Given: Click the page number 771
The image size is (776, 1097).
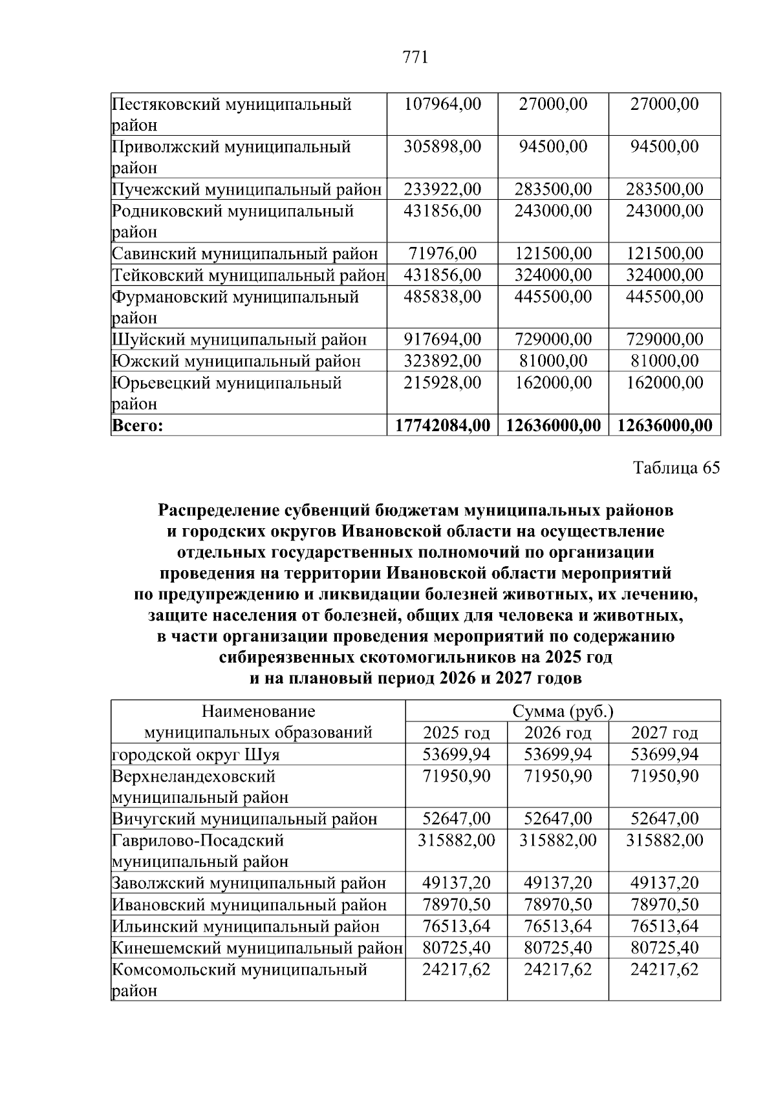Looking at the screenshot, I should pos(415,58).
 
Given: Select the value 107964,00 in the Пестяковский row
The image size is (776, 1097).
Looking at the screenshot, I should pos(442,104).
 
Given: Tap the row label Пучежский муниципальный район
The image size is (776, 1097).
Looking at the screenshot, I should pos(246,189).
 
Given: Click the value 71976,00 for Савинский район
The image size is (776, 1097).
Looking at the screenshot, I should pos(442,254).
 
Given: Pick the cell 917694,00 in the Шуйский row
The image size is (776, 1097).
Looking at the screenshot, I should pos(442,339).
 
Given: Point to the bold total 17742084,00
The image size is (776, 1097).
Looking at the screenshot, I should pos(442,425).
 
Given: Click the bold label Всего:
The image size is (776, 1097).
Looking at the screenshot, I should pos(138,425).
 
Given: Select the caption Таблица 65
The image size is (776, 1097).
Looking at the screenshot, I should pos(676,468).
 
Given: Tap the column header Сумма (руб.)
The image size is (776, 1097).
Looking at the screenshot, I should pos(563,712).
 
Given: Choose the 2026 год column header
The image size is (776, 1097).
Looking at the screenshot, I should pos(557,733).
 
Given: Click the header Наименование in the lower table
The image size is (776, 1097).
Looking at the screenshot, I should pos(258,712).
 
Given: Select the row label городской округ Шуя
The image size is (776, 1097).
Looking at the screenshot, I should pos(196,754).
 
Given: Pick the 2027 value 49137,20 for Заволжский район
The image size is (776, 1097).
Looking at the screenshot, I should pos(664,883).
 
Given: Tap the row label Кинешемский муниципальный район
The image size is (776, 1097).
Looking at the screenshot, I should pos(257,948).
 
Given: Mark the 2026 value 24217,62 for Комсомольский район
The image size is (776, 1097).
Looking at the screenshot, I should pos(557,970).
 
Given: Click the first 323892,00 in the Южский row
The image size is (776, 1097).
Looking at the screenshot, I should pos(442,361).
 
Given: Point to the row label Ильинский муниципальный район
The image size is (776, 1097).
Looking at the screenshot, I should pos(246,926).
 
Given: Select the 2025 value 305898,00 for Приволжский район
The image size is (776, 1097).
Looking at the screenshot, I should pos(442,147).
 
